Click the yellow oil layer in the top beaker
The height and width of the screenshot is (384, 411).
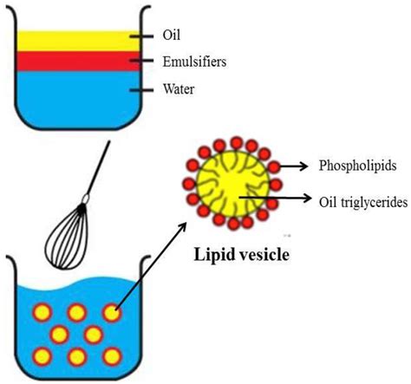(69, 40)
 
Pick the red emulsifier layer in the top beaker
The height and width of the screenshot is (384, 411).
(69, 61)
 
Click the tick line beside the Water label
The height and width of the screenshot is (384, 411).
(140, 88)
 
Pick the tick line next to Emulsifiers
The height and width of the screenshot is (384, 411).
(140, 62)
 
